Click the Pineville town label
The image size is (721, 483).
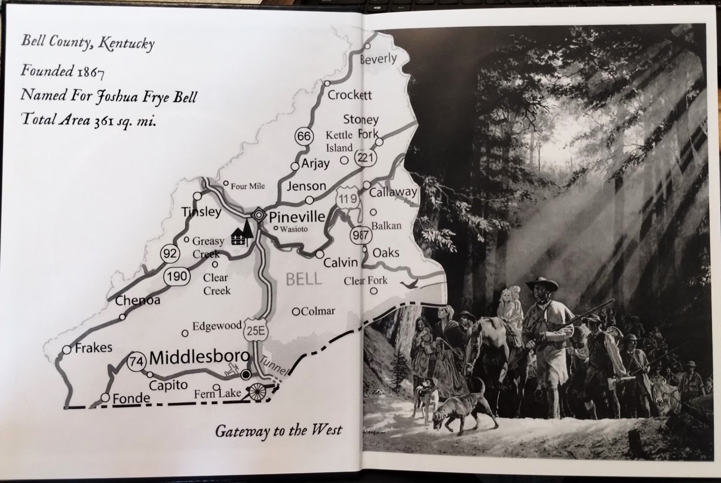tap(297, 216)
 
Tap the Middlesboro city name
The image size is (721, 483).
tap(199, 358)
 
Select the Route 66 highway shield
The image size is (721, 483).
tap(304, 136)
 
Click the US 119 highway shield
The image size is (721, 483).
tap(347, 199)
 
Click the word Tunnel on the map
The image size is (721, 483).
tap(274, 365)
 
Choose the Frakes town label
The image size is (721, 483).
tap(94, 348)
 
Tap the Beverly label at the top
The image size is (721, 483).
tap(378, 59)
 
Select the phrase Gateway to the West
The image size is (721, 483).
tap(278, 430)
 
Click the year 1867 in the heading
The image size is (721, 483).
tap(91, 72)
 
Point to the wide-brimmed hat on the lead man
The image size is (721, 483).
tap(542, 285)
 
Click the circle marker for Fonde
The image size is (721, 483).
tap(105, 398)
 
